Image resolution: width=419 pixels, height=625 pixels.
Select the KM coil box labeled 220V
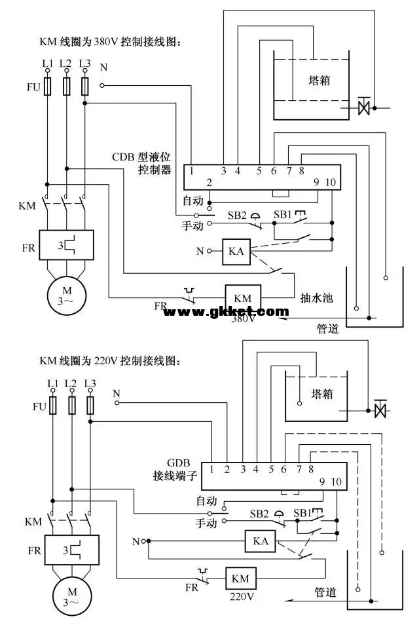pyautogui.click(x=240, y=578)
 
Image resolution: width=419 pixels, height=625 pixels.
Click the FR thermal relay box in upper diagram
pyautogui.click(x=65, y=245)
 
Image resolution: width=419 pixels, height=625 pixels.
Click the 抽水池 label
pyautogui.click(x=317, y=298)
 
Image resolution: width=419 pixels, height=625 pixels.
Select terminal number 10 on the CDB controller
pyautogui.click(x=330, y=183)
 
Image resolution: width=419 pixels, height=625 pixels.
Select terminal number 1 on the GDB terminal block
pyautogui.click(x=212, y=468)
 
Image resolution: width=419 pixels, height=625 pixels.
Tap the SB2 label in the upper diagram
pyautogui.click(x=237, y=214)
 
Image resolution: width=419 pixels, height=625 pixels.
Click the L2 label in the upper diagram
pyautogui.click(x=65, y=63)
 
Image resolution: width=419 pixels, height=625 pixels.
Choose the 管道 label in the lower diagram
pyautogui.click(x=325, y=592)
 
